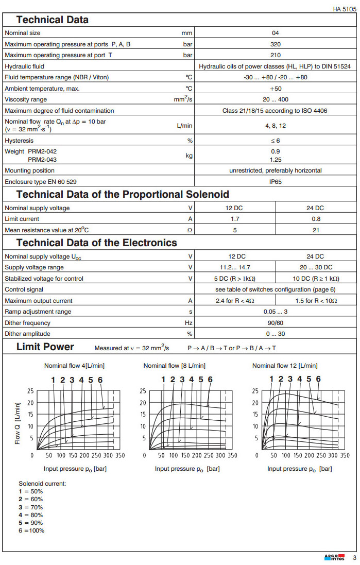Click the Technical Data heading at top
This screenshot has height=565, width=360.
pos(53,20)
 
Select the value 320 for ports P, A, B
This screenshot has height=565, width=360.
pos(276,44)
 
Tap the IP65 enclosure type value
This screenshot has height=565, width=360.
pos(276,182)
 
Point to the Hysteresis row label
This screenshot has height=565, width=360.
pos(19,140)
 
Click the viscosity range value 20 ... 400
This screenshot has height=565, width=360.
pos(276,99)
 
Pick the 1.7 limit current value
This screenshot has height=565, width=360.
pos(235,219)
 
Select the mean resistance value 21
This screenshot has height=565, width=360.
pos(315,230)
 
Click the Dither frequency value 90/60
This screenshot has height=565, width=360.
pos(276,323)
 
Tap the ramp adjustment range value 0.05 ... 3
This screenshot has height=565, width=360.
pos(276,312)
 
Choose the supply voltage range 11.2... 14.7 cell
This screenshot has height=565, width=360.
pos(235,267)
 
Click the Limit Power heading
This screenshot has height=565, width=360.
pos(45,347)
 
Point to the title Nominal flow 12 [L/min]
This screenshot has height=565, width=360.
pos(285,366)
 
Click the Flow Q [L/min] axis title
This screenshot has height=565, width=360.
pos(18,423)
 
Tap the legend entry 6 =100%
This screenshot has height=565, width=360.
pos(31,530)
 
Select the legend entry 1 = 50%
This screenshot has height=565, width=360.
pos(31,491)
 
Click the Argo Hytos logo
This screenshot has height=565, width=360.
pos(334,558)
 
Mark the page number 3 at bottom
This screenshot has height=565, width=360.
pos(354,558)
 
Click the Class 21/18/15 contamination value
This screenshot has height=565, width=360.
pos(276,111)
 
